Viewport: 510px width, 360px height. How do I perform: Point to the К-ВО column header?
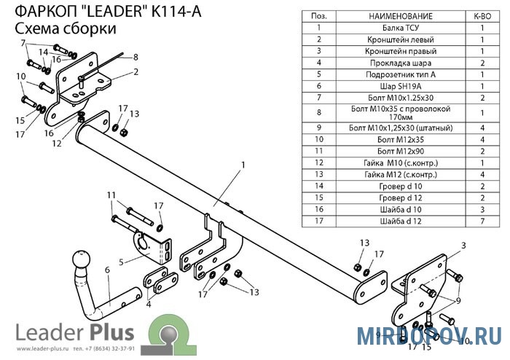483,15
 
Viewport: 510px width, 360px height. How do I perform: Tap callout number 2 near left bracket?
136,71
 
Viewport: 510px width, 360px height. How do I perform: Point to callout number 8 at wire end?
136,56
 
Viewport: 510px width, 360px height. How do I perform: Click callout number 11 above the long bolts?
110,195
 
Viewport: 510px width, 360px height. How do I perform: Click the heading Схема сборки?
66,28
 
